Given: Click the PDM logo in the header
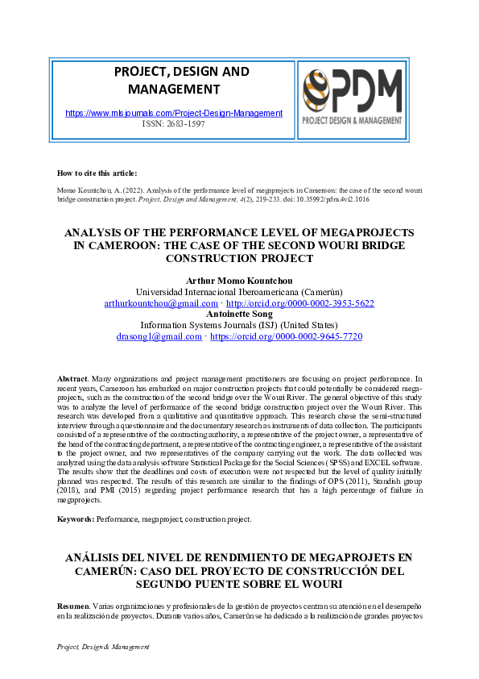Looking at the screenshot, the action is [x=352, y=96].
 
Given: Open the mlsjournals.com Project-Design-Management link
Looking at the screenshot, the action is [x=173, y=114].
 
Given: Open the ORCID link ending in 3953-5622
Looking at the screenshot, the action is [x=290, y=303].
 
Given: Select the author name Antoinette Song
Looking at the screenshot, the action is [x=239, y=315].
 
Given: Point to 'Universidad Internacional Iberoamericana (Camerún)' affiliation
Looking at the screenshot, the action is [x=239, y=292].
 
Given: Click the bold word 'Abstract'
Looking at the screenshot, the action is [x=72, y=378].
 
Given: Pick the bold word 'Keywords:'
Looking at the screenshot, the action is [x=76, y=519].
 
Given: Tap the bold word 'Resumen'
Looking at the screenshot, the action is [x=74, y=604].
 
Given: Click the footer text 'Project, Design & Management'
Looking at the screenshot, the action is [x=104, y=648].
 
